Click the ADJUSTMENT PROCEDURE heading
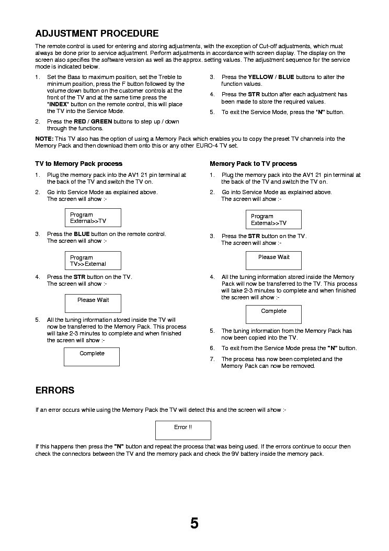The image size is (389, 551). (x=97, y=34)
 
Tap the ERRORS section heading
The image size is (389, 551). (x=54, y=390)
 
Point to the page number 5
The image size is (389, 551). (x=194, y=523)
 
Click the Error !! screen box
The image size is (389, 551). (x=183, y=430)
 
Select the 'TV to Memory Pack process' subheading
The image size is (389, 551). (x=78, y=164)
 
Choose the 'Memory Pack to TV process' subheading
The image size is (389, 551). (x=253, y=164)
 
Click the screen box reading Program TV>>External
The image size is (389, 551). (x=93, y=261)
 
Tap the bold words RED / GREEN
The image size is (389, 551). (x=93, y=121)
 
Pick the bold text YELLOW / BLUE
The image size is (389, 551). (x=271, y=77)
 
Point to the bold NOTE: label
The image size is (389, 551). (x=44, y=139)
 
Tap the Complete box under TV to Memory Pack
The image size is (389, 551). (x=91, y=356)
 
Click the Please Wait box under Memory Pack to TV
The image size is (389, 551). (x=273, y=261)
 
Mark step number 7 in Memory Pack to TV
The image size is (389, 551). (x=212, y=359)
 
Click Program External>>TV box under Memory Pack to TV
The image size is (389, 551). (x=273, y=219)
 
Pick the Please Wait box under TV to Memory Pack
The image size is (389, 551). (x=93, y=303)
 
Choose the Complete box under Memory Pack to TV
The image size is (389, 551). (x=273, y=314)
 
